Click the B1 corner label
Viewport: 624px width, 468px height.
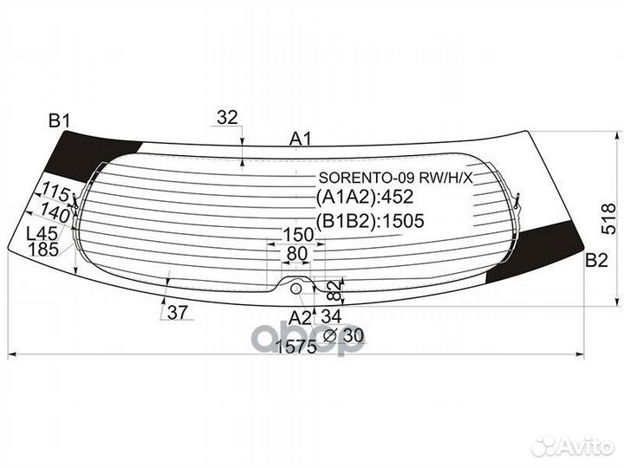pyautogui.click(x=58, y=121)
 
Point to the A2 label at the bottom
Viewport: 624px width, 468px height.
pyautogui.click(x=300, y=316)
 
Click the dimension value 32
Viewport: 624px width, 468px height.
pyautogui.click(x=227, y=117)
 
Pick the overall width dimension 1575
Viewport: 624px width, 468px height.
pyautogui.click(x=296, y=348)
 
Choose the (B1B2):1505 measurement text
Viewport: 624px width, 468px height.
pyautogui.click(x=369, y=221)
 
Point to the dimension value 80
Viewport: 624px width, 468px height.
pyautogui.click(x=297, y=254)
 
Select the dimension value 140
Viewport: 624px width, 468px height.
pyautogui.click(x=54, y=213)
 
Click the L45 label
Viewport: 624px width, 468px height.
pyautogui.click(x=42, y=233)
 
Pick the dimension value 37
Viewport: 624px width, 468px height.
pyautogui.click(x=177, y=314)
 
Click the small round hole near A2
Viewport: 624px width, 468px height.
pyautogui.click(x=296, y=288)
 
